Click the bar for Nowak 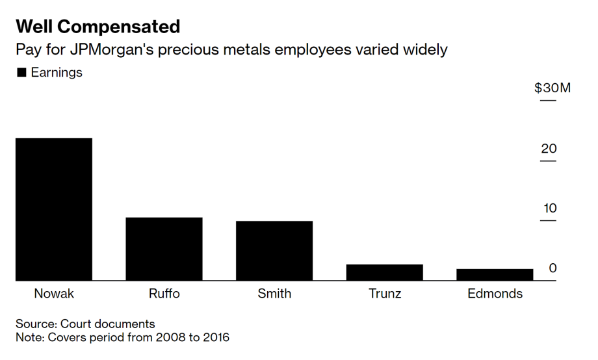point(54,209)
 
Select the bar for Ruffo point(164,249)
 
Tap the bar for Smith point(274,251)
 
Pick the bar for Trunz point(384,272)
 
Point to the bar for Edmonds point(495,275)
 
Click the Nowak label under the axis point(54,294)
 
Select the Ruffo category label point(164,294)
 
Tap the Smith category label point(274,294)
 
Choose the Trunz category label point(384,294)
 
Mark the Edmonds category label point(495,294)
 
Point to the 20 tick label point(549,149)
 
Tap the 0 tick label point(552,268)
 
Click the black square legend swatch point(21,73)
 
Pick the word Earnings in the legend point(57,73)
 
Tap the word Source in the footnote point(36,324)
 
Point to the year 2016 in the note point(214,337)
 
